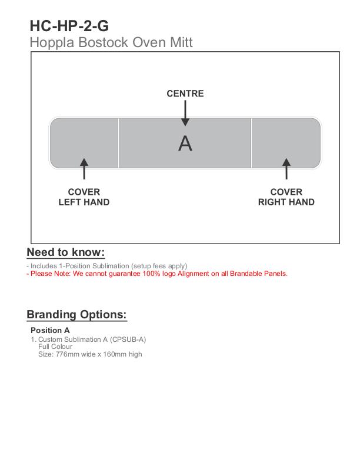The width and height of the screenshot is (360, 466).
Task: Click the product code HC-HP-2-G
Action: pos(69,26)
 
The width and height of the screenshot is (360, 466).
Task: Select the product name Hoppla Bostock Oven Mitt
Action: pos(111,42)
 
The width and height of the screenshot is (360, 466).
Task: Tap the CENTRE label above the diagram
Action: pos(185,94)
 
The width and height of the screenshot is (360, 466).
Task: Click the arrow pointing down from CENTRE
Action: pos(185,113)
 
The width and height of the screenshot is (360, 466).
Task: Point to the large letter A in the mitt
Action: pos(185,144)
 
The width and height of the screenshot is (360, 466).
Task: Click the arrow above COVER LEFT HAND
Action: pos(84,168)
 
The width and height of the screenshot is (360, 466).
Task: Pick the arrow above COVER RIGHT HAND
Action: pos(286,168)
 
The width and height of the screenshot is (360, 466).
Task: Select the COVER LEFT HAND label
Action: pos(84,197)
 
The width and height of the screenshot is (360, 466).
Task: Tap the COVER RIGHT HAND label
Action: pos(286,197)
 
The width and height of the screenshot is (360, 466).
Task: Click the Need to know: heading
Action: pos(66,252)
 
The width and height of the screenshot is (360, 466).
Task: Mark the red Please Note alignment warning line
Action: pos(157,274)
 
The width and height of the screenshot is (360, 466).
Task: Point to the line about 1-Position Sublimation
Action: pos(106,266)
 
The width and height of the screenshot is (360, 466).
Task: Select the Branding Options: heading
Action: pos(76,315)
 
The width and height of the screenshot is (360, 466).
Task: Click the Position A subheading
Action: pos(50,330)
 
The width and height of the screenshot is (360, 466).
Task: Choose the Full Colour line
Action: pos(55,347)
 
